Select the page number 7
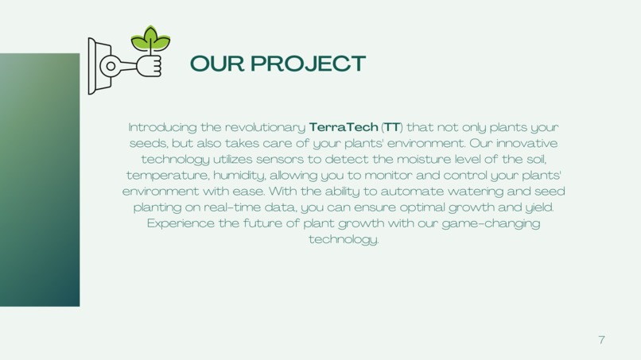pyautogui.click(x=601, y=339)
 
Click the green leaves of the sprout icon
pyautogui.click(x=150, y=38)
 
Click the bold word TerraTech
pyautogui.click(x=344, y=127)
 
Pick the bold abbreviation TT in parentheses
pyautogui.click(x=392, y=127)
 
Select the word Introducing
pyautogui.click(x=163, y=127)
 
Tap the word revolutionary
pyautogui.click(x=266, y=127)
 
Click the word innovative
pyautogui.click(x=526, y=144)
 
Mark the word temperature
pyautogui.click(x=163, y=176)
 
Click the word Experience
pyautogui.click(x=181, y=223)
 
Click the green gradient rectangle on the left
pyautogui.click(x=40, y=180)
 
